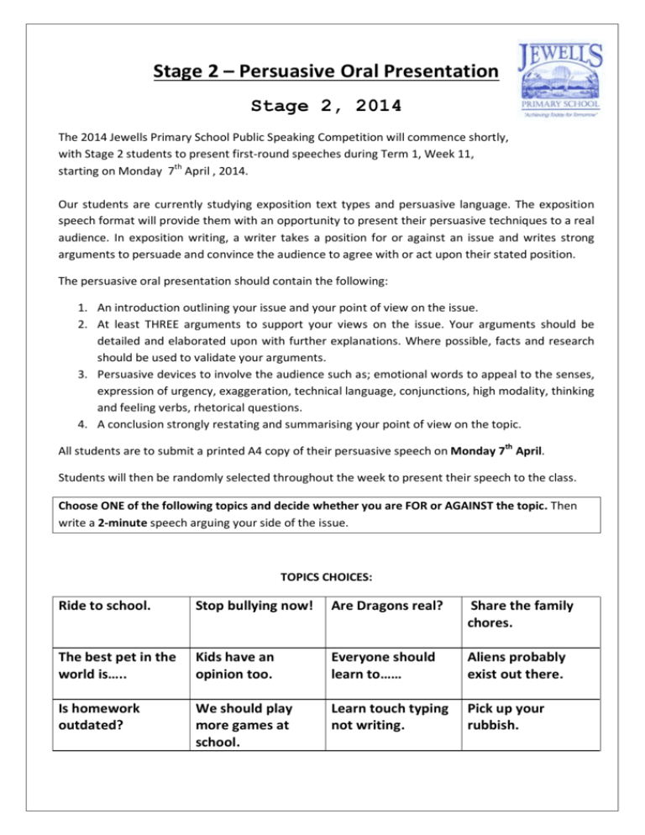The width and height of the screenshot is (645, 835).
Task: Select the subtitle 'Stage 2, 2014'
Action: (x=326, y=107)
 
